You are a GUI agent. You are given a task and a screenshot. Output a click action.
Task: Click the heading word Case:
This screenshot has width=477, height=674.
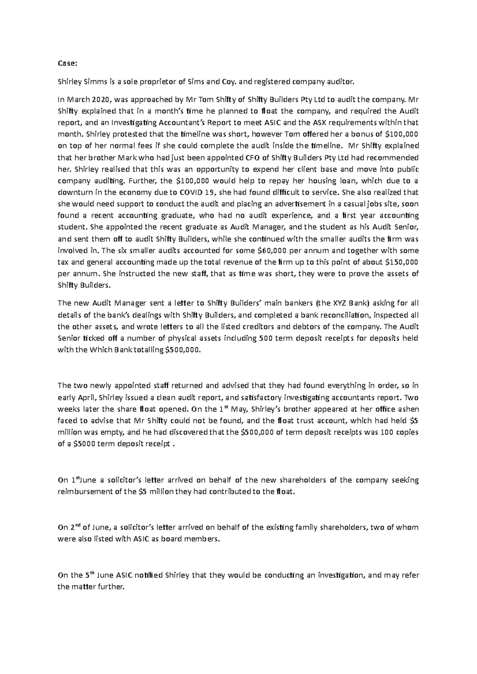(66, 62)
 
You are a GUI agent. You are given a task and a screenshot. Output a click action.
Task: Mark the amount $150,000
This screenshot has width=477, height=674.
(402, 262)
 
